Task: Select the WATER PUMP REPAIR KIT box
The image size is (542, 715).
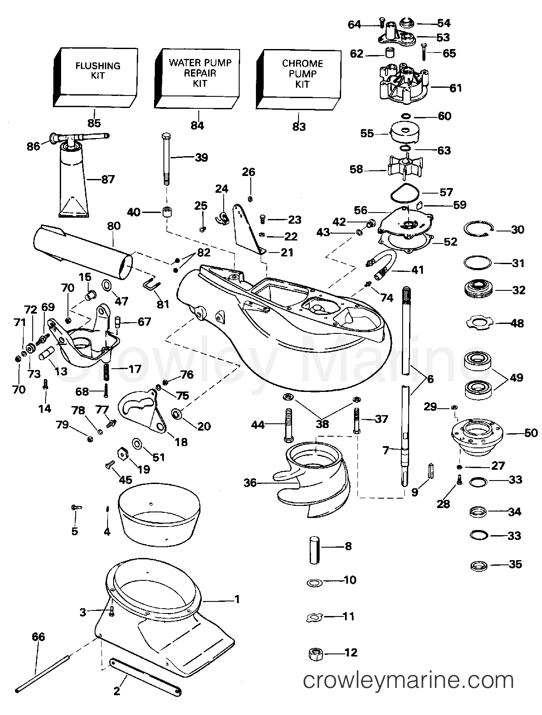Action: (x=200, y=73)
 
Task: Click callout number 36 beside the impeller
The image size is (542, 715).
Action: (x=250, y=483)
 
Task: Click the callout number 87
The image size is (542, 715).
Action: (x=108, y=179)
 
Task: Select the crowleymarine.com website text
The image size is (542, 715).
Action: (x=408, y=681)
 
